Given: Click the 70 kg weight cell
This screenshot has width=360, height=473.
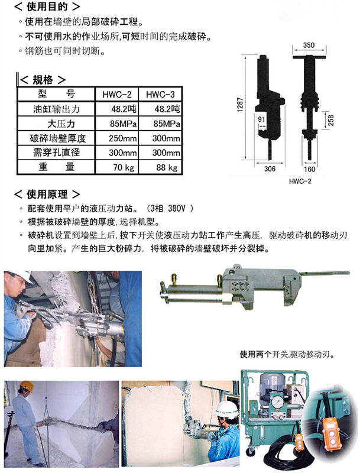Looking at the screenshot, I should [x=117, y=167].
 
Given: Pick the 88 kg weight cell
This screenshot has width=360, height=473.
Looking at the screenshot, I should [x=163, y=167].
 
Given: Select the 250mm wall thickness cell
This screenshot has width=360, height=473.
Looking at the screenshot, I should [x=117, y=138].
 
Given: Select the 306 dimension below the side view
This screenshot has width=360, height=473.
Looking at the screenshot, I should [x=270, y=168].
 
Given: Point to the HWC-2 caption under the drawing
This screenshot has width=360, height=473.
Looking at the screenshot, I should [x=301, y=181].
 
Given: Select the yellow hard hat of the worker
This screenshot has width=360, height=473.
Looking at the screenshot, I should [x=26, y=387].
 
